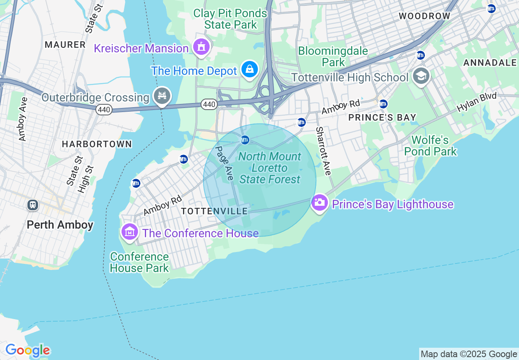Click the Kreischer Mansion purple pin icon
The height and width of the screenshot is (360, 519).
point(201,47)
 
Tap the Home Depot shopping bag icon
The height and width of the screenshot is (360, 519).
point(249,70)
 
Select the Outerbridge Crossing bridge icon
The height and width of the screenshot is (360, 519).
point(162,96)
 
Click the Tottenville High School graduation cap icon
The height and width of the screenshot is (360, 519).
point(421,76)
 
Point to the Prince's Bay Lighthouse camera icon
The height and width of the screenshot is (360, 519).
point(319,202)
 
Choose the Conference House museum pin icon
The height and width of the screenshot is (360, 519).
point(130,232)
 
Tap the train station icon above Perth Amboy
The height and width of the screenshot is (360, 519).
point(33,205)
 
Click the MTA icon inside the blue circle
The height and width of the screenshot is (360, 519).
point(245,140)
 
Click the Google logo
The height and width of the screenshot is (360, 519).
point(27,350)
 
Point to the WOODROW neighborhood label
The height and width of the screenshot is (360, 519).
point(424,16)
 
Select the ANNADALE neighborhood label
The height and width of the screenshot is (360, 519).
point(490,63)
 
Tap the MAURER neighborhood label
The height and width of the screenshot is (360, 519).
point(65,45)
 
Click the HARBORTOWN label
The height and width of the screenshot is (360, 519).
point(97,144)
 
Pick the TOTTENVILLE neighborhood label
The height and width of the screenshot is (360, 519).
point(214,211)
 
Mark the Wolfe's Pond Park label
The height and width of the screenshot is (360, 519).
point(430,146)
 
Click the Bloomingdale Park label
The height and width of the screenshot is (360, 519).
point(333,57)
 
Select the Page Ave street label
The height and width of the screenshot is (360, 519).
point(224,163)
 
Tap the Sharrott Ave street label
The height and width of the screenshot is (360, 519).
point(323,151)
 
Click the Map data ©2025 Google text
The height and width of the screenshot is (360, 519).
point(469,354)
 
